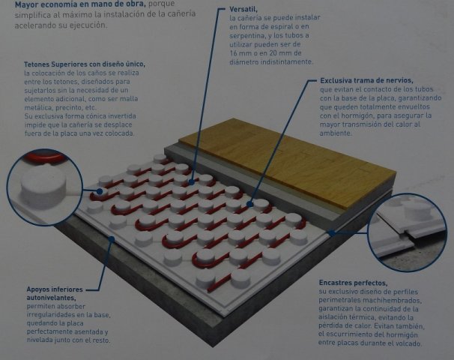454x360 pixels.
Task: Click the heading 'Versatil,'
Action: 243,9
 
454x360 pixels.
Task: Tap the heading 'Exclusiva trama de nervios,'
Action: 366,80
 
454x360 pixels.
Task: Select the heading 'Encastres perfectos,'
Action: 353,283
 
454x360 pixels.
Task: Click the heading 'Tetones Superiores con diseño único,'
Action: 85,64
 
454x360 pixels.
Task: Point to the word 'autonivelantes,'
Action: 51,298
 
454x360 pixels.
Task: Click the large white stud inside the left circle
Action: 43,186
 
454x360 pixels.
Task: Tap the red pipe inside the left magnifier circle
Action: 44,157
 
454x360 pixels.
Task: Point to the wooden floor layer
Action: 287,162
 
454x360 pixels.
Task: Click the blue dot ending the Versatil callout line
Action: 191,182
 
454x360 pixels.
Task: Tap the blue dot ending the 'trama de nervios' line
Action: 250,204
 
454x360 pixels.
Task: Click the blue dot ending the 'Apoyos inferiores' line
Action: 112,238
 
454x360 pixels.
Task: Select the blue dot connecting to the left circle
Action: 100,191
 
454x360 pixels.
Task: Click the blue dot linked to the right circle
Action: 332,232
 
